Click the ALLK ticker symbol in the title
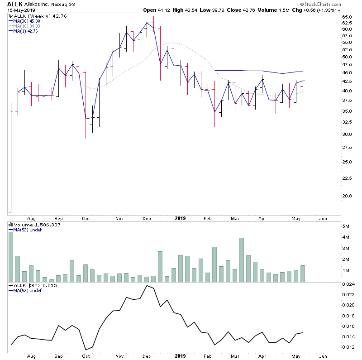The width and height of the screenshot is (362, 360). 14,4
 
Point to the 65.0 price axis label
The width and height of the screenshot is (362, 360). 348,17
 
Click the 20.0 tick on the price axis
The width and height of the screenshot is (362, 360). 348,196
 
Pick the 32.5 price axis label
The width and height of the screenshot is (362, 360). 348,122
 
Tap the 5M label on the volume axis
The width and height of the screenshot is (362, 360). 346,226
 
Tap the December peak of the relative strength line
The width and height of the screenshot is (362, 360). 146,286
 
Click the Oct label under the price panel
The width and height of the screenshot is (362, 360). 86,218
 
